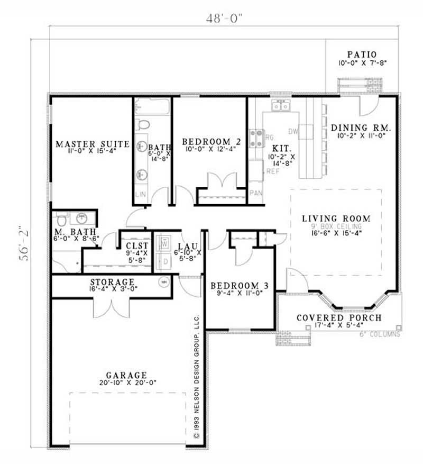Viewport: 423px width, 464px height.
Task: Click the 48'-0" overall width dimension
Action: (x=225, y=18)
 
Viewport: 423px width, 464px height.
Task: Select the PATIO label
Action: (x=362, y=54)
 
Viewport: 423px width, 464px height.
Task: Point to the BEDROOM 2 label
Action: (x=208, y=142)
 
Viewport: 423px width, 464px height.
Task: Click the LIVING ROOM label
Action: (x=336, y=218)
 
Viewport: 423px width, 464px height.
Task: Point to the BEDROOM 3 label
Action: (x=239, y=286)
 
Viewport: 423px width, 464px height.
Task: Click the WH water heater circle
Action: (x=164, y=281)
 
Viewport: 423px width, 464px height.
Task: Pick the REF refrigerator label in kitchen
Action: (x=273, y=171)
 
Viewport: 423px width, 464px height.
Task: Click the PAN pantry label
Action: (x=256, y=193)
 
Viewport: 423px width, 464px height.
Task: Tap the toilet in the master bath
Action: (x=61, y=218)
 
